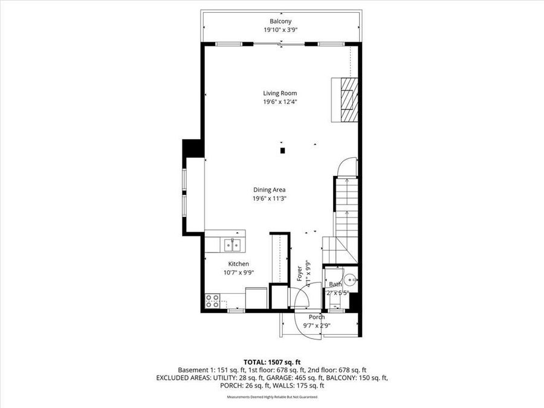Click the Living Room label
pos(279,93)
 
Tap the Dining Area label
pos(269,190)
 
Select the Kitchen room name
pos(238,264)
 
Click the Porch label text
pos(317,317)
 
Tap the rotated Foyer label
pos(299,273)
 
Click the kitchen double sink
pos(232,245)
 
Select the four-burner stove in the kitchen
pos(212,301)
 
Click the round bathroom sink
pos(351,280)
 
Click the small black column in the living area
pos(282,151)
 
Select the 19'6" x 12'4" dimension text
pos(279,102)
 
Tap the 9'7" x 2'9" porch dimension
pos(317,325)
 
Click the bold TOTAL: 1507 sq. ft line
pos(272,361)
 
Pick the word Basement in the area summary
pos(192,369)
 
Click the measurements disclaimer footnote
pos(272,397)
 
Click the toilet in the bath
pos(333,283)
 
